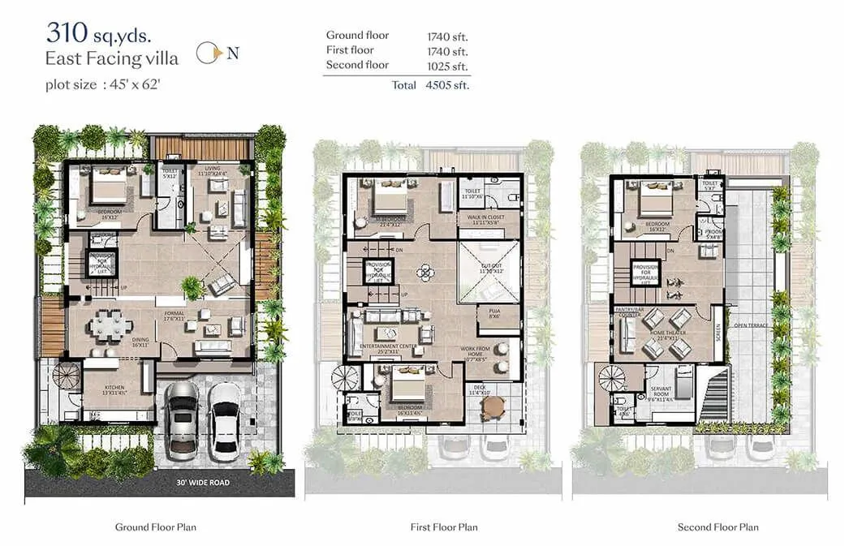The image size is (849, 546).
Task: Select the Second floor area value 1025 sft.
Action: click(x=448, y=65)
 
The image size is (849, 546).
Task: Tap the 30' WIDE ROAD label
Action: click(x=204, y=482)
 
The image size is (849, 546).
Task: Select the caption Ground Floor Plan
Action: click(x=156, y=527)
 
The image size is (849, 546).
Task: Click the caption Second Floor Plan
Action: click(x=718, y=527)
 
